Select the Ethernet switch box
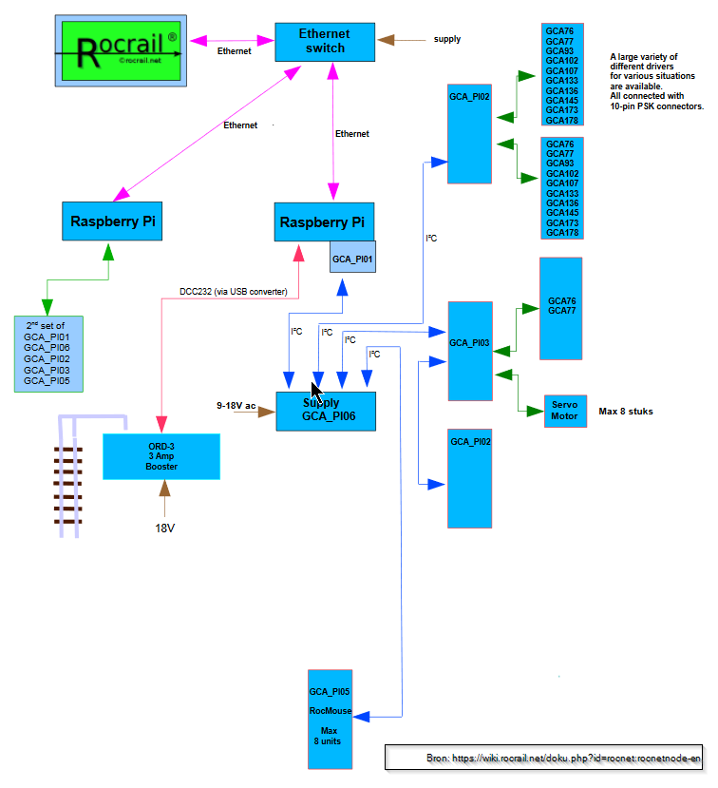click(325, 42)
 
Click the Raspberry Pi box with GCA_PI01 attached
click(322, 222)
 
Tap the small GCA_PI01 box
click(352, 258)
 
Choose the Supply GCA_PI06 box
click(327, 411)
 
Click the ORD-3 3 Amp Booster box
click(161, 456)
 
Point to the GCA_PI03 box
click(469, 351)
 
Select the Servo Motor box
click(565, 411)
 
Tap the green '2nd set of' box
click(48, 354)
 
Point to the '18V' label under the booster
click(164, 528)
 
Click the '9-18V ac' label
click(236, 406)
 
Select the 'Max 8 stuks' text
click(626, 412)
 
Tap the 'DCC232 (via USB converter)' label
click(233, 291)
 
